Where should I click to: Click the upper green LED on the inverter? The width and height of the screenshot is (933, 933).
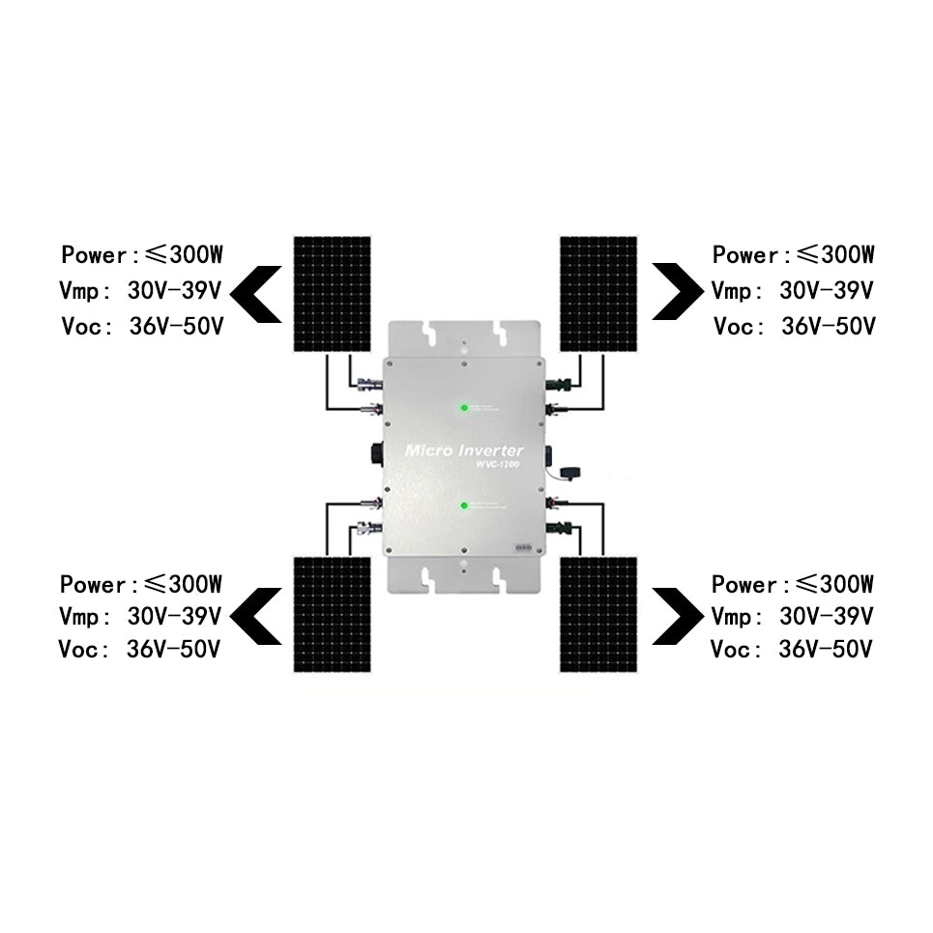(464, 408)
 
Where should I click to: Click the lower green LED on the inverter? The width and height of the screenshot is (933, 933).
(464, 505)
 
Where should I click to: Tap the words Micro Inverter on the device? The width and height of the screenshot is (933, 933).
(464, 451)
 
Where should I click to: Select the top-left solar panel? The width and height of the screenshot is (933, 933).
(333, 293)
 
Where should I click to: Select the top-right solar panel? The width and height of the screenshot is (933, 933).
(598, 293)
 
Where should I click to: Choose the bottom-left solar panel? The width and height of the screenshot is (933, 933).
(333, 613)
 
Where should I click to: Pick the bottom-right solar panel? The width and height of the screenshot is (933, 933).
(598, 613)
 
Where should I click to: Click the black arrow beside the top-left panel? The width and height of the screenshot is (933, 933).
(256, 293)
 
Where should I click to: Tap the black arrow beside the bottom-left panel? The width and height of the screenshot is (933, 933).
(256, 616)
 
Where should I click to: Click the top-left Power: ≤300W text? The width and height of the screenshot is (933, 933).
(142, 256)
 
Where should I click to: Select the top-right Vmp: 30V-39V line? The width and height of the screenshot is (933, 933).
(793, 290)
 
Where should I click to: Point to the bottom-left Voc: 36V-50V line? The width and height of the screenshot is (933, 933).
(139, 649)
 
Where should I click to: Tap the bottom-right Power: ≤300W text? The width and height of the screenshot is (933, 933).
(793, 585)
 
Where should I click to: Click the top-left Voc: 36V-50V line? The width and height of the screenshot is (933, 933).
(142, 326)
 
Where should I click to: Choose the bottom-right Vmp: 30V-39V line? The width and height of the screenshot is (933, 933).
(793, 617)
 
